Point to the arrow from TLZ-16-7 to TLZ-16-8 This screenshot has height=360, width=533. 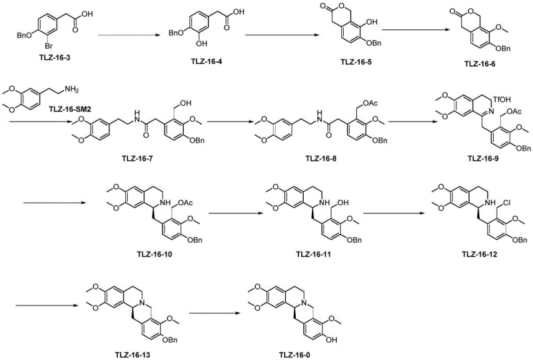point(218,124)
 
